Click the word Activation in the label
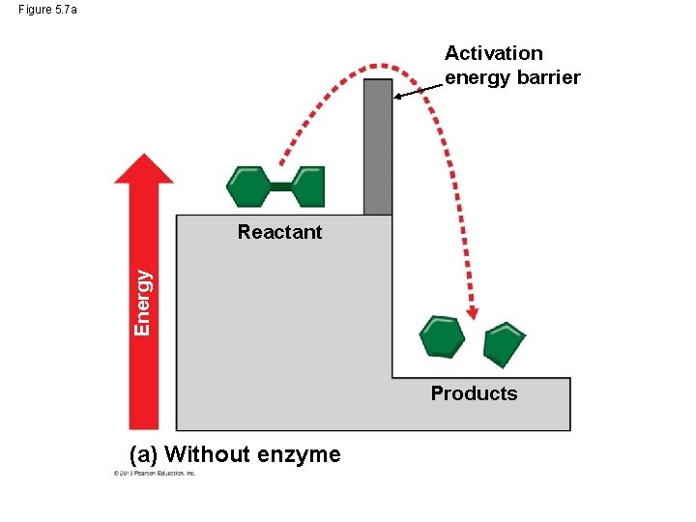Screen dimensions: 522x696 coord(493,53)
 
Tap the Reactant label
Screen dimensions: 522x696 coord(279,232)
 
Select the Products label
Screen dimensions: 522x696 coord(474,393)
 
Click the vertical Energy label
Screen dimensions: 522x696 coord(142,302)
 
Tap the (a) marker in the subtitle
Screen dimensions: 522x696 coord(145,454)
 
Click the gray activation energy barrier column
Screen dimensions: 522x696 coord(378,145)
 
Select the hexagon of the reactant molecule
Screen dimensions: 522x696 coord(248,187)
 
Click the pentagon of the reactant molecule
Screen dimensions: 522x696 coord(308,187)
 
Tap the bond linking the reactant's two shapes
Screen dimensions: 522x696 coord(279,187)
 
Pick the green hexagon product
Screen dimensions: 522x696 coord(442,336)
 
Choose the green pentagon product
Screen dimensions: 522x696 coord(504,343)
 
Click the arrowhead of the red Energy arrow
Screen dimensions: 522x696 coord(143,168)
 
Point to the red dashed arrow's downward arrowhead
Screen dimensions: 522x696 coord(472,312)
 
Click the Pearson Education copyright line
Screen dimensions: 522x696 coord(155,474)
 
